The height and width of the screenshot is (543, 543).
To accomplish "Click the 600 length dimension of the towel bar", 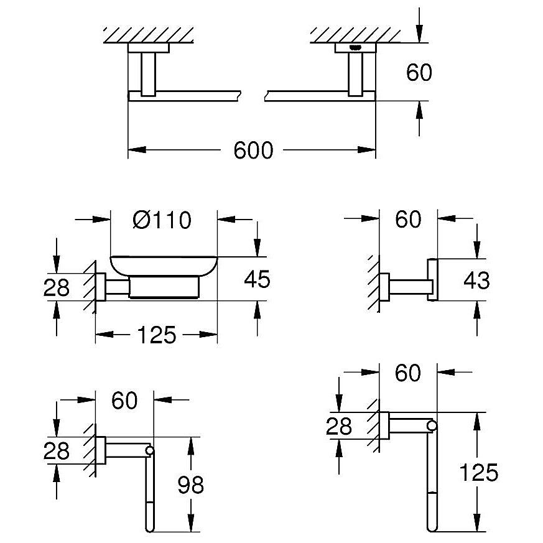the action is (x=253, y=151).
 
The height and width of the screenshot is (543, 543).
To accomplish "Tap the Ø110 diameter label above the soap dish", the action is (x=162, y=220).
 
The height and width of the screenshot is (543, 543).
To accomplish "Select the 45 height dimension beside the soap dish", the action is (x=257, y=279).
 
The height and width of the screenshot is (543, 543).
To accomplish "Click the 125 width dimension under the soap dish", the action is (x=157, y=335).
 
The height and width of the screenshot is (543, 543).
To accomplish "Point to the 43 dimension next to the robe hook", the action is (x=476, y=280).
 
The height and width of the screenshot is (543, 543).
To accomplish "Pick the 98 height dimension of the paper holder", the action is (x=190, y=485).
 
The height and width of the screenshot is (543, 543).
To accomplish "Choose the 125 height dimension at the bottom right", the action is (x=478, y=472).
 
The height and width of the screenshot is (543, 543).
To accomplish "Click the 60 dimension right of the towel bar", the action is (x=419, y=72).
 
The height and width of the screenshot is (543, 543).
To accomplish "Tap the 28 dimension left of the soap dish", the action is (x=57, y=287).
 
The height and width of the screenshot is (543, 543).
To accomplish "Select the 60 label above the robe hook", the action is (x=408, y=219).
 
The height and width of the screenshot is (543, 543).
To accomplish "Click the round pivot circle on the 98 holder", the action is (x=150, y=450).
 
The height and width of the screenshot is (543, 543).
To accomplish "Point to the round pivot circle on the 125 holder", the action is (x=432, y=425).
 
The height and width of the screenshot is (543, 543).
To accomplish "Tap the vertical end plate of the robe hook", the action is (x=432, y=279).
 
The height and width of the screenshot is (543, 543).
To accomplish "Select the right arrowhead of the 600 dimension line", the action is (x=367, y=150).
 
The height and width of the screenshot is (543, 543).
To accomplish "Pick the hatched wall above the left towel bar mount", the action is (x=148, y=35).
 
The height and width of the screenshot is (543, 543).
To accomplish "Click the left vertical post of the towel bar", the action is (x=148, y=74).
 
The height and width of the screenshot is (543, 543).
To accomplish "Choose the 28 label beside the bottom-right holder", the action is (x=339, y=426).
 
